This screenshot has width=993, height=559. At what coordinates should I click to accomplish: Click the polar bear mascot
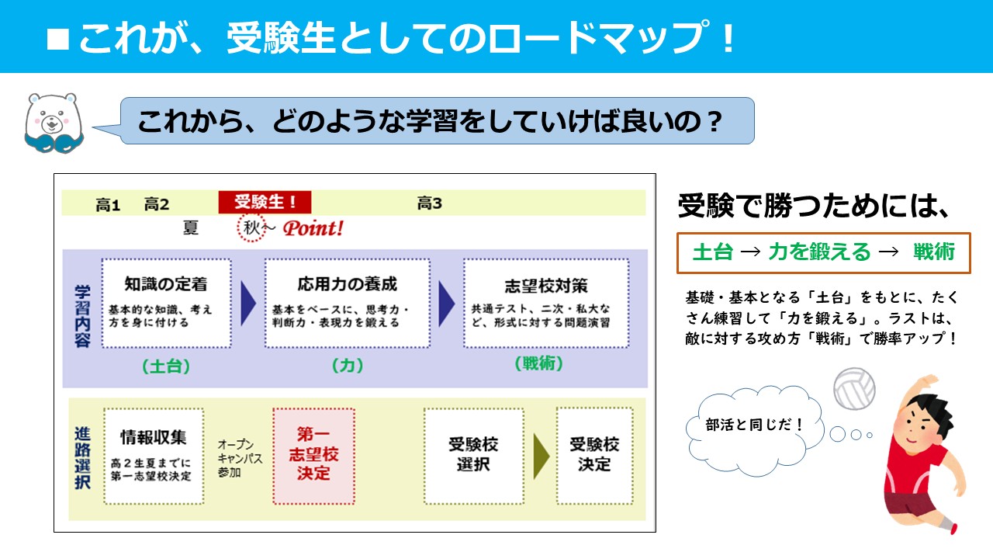coord(54,123)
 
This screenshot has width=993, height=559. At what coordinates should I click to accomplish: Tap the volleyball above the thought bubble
coord(854,388)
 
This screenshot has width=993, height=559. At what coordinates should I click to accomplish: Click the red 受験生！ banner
coord(265,203)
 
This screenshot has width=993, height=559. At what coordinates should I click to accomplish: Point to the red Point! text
coord(313,228)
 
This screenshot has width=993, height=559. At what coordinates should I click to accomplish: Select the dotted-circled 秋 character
coord(251,228)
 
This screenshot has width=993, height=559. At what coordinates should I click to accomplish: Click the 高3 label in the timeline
coord(429,203)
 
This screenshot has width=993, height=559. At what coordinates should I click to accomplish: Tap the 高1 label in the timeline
coord(108,204)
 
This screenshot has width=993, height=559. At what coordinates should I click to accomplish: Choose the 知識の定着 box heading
coord(166,284)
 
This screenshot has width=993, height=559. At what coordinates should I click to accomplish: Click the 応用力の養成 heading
coord(347,284)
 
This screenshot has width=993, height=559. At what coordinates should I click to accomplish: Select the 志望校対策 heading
coord(546,286)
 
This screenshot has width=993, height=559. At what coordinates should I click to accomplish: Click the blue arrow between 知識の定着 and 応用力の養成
coord(248,304)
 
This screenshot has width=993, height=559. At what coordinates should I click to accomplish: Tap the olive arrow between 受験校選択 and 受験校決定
coord(541,456)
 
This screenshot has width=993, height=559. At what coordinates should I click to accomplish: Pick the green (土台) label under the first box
coord(166,366)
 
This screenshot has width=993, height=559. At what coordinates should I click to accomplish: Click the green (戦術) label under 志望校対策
coord(538,363)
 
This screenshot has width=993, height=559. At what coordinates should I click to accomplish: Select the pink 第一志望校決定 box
coord(314,456)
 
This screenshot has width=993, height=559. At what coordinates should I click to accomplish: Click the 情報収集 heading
coord(154,437)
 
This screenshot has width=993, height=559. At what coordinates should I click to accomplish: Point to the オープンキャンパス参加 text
coord(240,458)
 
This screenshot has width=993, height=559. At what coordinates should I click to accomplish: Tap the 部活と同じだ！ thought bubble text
coord(754,425)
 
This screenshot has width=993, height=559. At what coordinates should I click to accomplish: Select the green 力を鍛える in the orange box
coord(820,252)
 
